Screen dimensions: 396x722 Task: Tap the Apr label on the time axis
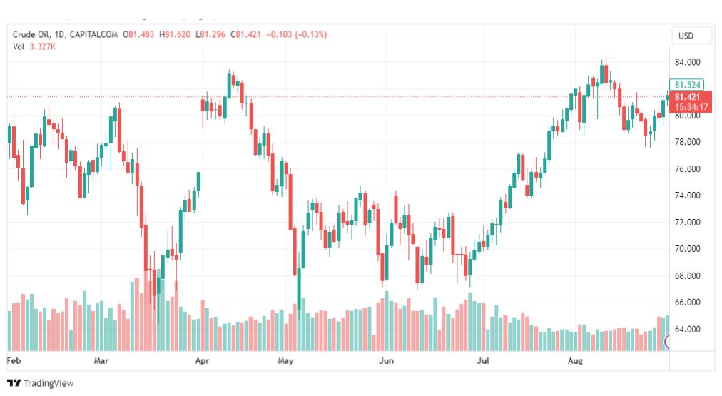pos(201,361)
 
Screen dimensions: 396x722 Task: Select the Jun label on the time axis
pos(385,361)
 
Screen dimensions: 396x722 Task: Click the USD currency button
pos(686,36)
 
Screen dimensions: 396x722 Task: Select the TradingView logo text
pos(48,383)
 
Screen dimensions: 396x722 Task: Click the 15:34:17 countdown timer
pos(691,107)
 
